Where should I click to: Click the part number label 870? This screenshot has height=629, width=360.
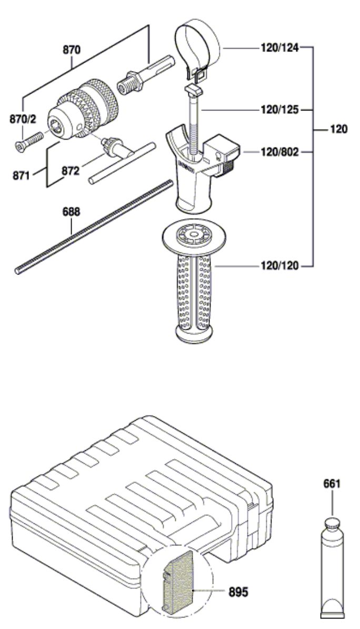(72, 50)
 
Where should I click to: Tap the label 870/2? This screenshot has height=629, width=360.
(23, 119)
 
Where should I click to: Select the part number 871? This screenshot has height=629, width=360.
(21, 175)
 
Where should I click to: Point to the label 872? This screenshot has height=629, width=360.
(71, 171)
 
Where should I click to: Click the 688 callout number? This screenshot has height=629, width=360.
(71, 211)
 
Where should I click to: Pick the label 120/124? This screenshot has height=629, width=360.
(279, 48)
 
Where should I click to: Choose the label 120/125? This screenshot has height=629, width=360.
(279, 109)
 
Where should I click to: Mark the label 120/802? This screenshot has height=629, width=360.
(279, 152)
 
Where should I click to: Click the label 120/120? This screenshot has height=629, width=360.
(279, 266)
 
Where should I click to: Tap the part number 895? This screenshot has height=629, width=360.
(238, 591)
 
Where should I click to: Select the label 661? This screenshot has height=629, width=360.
(332, 484)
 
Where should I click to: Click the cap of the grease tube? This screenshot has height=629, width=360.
(332, 523)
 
